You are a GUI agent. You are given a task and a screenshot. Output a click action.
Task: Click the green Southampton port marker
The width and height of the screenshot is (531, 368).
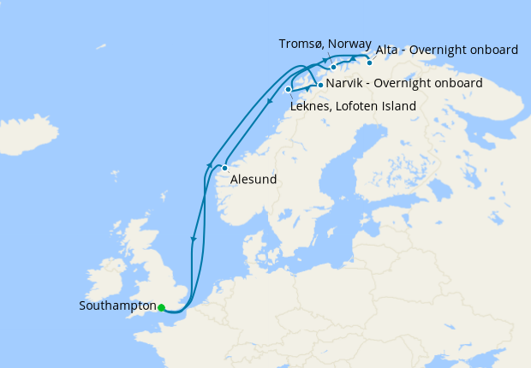click(161, 307)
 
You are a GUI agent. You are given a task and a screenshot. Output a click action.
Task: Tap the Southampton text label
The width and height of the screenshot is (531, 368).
click(117, 306)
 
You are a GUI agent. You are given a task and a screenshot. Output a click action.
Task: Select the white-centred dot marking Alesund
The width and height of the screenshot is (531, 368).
click(224, 168)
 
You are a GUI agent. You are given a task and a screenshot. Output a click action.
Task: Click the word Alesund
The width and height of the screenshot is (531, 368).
click(253, 181)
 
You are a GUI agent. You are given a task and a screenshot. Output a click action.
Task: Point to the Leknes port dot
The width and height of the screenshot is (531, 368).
click(289, 89)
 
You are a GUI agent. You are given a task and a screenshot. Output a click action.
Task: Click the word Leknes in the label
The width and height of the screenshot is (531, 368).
click(313, 106)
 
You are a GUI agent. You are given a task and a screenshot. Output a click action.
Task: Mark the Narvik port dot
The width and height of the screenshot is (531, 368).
click(320, 85)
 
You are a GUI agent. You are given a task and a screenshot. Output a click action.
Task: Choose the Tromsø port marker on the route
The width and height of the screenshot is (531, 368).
click(334, 66)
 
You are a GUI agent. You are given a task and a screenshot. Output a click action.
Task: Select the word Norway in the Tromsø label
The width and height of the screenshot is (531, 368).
click(351, 44)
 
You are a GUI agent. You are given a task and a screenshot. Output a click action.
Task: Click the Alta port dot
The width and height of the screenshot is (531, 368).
click(370, 62)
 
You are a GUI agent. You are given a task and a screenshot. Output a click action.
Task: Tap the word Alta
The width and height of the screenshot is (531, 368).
click(391, 50)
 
